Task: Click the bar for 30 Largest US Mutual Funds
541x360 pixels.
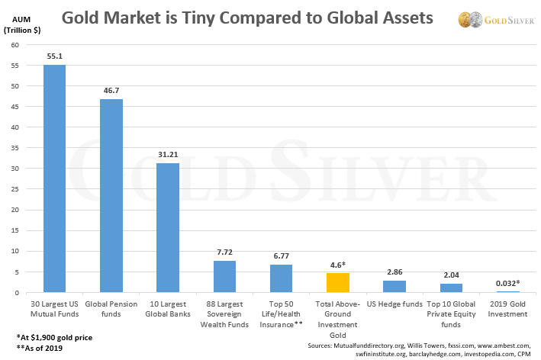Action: (54, 178)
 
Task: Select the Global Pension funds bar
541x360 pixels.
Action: (111, 196)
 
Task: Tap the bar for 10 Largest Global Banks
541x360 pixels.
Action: (168, 228)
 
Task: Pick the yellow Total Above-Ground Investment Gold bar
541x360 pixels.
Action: (337, 283)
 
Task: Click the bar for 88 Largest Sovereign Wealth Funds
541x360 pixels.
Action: (224, 277)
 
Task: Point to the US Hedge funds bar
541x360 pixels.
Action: (394, 287)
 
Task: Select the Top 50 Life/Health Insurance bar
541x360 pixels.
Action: (281, 278)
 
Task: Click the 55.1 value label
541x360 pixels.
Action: (54, 56)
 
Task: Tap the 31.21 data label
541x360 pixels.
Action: (168, 155)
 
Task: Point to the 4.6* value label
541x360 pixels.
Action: (337, 264)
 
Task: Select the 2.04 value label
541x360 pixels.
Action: (450, 275)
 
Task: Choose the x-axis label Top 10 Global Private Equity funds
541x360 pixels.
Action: (450, 313)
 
